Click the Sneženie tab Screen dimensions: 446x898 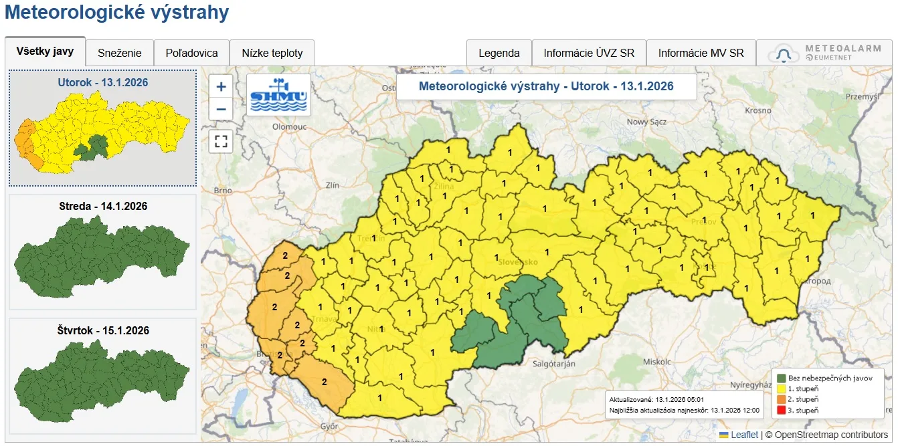(120, 53)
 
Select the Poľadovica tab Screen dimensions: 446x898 (191, 53)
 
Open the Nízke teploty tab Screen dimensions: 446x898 (272, 53)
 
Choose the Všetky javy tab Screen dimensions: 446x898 (45, 51)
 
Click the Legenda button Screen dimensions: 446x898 (499, 53)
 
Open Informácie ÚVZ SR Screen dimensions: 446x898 (588, 53)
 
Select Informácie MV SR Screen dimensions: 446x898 (701, 53)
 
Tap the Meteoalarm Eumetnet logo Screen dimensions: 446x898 (827, 53)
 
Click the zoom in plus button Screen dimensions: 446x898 (221, 86)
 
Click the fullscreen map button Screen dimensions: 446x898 (221, 142)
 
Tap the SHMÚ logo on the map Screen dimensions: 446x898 (278, 94)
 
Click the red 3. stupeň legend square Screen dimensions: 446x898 (780, 410)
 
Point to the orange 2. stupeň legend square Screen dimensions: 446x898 (780, 399)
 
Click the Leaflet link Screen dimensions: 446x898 (744, 435)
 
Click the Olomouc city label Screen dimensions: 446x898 (289, 126)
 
